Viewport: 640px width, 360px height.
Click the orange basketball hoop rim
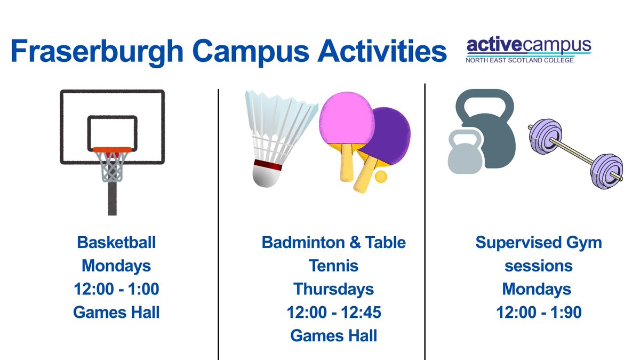pos(112,150)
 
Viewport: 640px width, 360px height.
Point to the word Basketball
pos(116,243)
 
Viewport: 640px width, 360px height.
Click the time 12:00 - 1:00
pos(116,289)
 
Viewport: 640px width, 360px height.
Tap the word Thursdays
pos(333,289)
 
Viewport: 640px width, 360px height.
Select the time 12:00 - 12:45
pos(333,313)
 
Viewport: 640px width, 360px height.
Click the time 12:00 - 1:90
pos(539,313)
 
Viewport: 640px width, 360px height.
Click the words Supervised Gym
pos(539,243)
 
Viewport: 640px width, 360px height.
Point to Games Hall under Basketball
pos(116,313)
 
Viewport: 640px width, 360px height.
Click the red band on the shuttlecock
pos(268,164)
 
